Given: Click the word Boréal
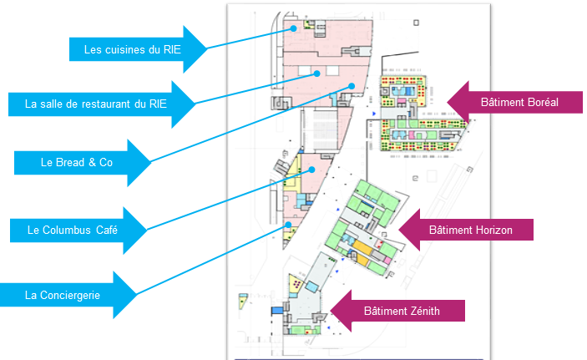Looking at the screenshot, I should [539, 103].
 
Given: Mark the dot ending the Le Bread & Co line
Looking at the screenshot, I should [352, 86].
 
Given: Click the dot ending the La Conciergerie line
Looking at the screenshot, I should [288, 224].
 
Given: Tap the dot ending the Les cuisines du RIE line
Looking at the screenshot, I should [295, 28].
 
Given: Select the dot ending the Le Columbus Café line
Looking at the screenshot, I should [311, 170].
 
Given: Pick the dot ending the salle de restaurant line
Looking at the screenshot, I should [318, 74].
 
